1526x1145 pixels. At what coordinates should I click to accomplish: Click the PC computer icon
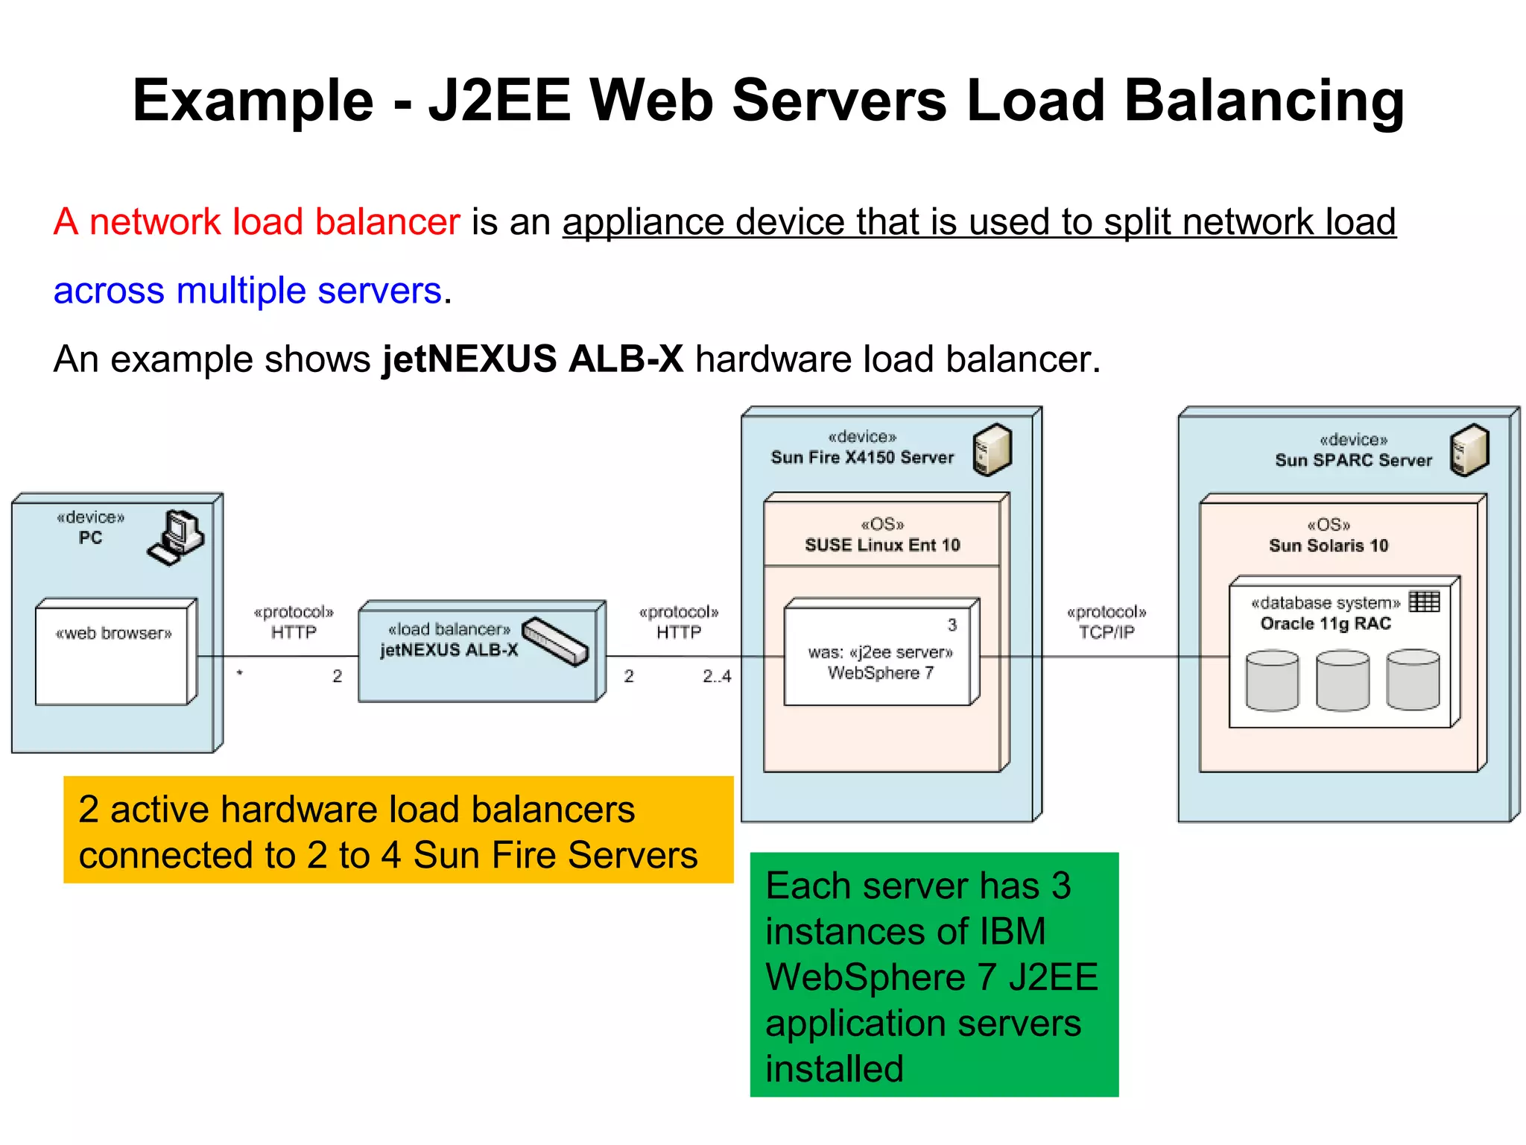(x=176, y=537)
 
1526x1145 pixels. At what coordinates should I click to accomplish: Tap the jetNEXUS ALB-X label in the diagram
(x=449, y=650)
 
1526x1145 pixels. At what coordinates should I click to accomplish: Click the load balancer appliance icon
(x=556, y=642)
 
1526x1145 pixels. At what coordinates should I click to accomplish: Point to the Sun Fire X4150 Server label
(x=862, y=458)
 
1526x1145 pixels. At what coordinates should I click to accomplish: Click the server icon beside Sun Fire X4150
(x=992, y=450)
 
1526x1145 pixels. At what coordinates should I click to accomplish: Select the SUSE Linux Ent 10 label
(x=882, y=545)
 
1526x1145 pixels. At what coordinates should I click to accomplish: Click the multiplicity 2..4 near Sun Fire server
(x=717, y=676)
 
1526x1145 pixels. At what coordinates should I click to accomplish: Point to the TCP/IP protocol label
(x=1106, y=632)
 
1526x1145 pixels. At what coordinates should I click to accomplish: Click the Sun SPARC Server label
(x=1353, y=460)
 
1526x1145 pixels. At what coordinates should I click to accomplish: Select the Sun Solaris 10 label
(x=1329, y=546)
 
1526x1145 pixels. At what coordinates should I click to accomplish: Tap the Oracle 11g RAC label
(x=1326, y=624)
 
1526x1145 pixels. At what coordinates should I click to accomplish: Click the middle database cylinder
(x=1343, y=680)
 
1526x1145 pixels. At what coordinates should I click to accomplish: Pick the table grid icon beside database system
(x=1424, y=601)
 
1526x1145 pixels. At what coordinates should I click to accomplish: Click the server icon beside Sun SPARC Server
(x=1469, y=450)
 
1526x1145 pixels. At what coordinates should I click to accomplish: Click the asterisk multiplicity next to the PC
(x=240, y=674)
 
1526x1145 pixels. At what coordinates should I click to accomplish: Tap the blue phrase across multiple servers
(x=247, y=291)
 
